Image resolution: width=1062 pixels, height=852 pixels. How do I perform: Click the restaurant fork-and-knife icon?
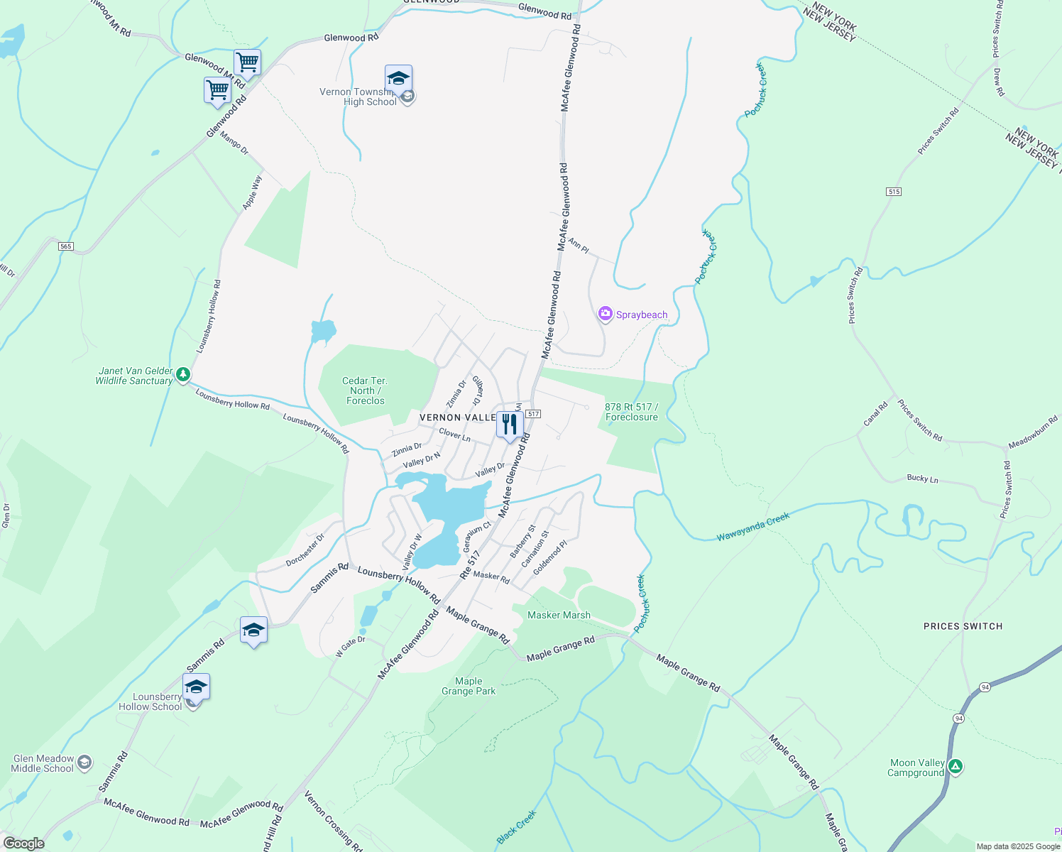pos(510,425)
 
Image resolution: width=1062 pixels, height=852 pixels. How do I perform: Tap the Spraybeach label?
pos(642,315)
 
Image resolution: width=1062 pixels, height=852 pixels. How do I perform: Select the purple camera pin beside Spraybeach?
pos(605,313)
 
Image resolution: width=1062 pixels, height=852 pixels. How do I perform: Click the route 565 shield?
pos(65,246)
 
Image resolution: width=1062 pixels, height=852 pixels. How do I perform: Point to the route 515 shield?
pos(894,192)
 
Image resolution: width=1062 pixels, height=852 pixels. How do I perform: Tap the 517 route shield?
pos(534,414)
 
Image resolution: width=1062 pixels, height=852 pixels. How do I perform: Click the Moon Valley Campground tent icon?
pos(956,766)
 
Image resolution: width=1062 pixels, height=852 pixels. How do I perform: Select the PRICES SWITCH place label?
pos(963,626)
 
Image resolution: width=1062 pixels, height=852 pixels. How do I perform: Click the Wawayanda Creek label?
pos(752,528)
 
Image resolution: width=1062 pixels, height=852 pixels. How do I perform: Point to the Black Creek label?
pos(516,828)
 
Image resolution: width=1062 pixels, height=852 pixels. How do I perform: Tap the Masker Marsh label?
pos(559,615)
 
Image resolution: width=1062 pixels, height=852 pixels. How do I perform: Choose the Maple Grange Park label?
pos(469,686)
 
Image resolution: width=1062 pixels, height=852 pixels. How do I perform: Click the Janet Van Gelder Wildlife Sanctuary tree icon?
pos(183,373)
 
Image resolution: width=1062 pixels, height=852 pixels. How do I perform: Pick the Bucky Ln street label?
pos(922,479)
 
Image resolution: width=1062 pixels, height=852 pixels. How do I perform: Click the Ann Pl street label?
pos(579,246)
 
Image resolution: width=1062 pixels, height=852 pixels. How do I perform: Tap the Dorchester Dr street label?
pos(305,550)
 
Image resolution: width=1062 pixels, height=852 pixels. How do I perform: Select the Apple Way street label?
pos(252,192)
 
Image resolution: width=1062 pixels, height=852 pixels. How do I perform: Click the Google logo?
pos(24,843)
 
